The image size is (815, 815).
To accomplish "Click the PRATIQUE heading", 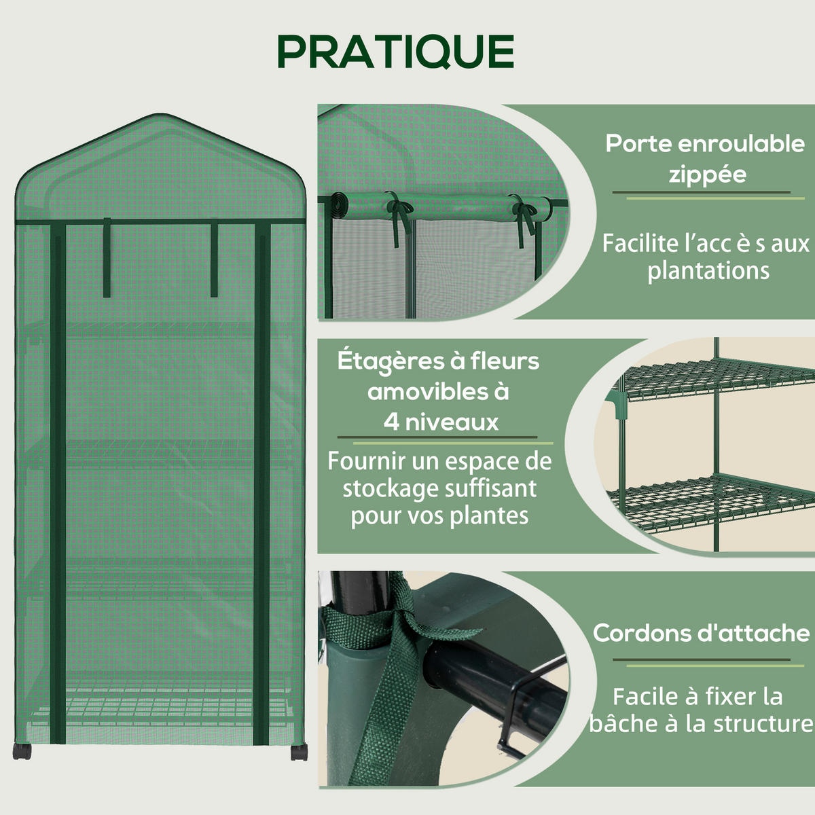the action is (x=396, y=52).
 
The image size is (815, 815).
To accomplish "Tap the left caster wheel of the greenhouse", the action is (x=22, y=752).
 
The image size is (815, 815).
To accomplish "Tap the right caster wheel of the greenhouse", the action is (x=299, y=753).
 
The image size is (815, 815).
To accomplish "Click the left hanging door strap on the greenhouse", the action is (x=107, y=257).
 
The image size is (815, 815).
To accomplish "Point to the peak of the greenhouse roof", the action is (x=160, y=114).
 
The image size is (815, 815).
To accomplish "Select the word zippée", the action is (x=707, y=175).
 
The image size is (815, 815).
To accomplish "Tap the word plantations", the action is (x=708, y=270).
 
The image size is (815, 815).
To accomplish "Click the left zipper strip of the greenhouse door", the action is (x=58, y=482).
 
